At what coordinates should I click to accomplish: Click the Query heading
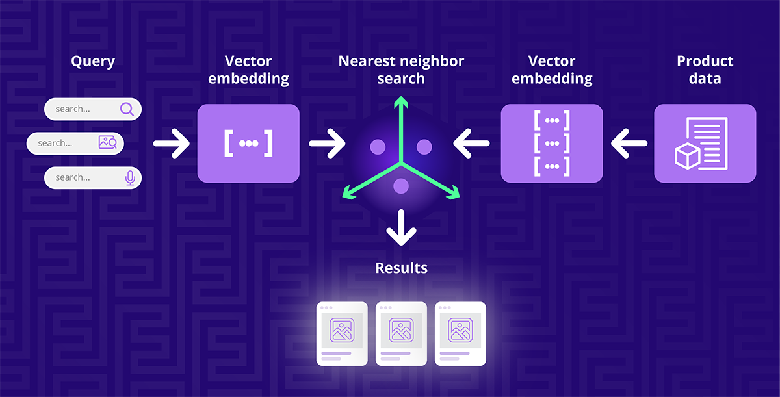(93, 62)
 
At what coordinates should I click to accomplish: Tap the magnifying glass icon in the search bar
(127, 109)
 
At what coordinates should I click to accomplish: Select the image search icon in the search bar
(107, 143)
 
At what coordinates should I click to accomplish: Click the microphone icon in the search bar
(130, 177)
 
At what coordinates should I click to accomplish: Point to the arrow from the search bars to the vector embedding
(171, 143)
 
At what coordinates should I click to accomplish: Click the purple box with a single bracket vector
(248, 143)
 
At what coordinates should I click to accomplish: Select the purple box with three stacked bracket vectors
(552, 143)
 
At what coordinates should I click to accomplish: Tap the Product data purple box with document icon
(705, 143)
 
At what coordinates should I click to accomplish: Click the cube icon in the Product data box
(687, 157)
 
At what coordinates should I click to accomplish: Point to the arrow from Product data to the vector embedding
(629, 143)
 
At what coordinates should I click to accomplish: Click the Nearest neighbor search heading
(401, 70)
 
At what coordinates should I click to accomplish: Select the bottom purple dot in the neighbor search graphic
(401, 186)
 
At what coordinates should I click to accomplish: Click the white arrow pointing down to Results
(402, 227)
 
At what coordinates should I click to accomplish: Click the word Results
(401, 267)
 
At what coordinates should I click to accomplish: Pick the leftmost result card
(341, 333)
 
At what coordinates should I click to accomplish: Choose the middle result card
(401, 333)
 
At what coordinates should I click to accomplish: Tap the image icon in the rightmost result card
(460, 330)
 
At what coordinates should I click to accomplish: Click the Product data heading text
(705, 70)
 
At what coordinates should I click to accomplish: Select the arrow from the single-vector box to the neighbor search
(327, 143)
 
